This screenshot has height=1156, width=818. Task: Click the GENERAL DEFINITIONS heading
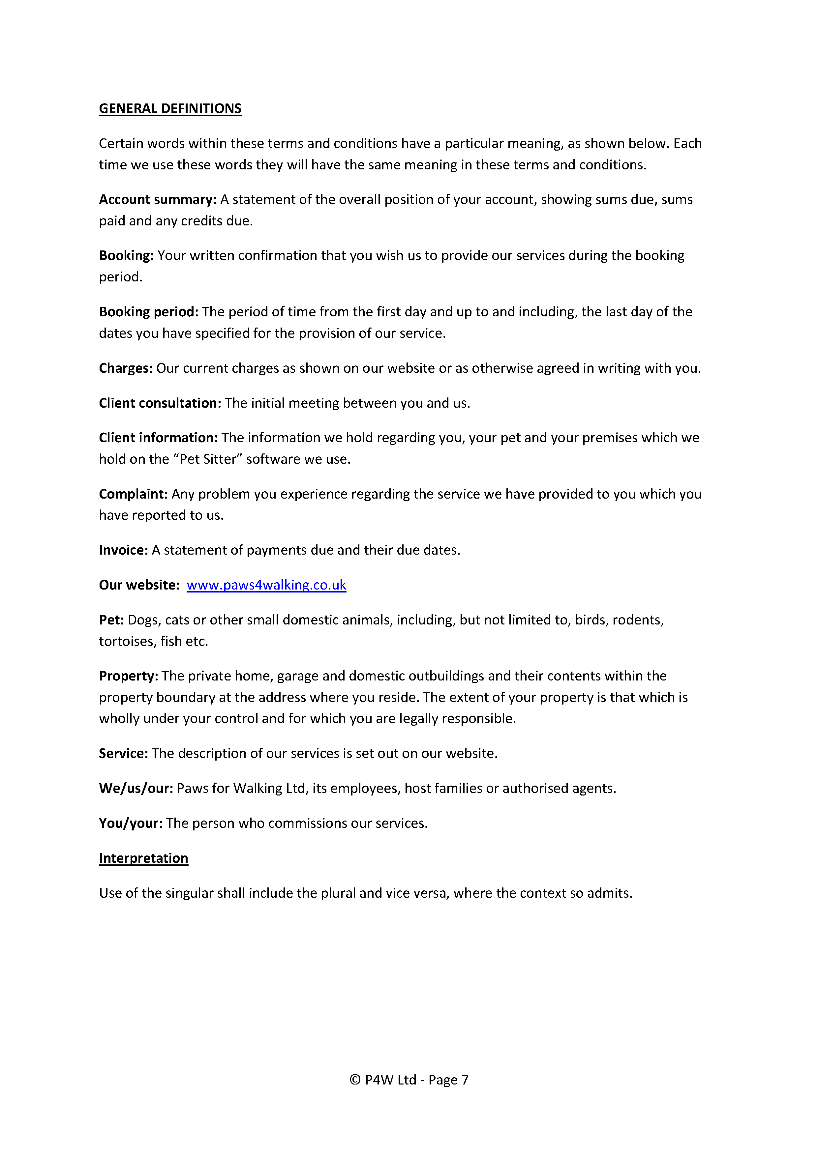pos(170,109)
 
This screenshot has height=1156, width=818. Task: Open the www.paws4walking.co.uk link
pos(266,585)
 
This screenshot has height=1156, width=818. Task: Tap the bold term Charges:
pos(125,368)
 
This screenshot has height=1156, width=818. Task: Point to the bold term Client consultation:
pos(160,403)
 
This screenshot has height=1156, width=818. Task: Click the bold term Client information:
pos(158,438)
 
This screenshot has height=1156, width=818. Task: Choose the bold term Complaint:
pos(133,494)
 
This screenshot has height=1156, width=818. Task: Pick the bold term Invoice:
pos(123,550)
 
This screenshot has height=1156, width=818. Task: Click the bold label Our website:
pos(139,585)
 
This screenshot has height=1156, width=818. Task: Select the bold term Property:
pos(129,676)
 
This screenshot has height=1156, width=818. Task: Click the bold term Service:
pos(123,754)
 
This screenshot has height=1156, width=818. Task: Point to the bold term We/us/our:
pos(136,789)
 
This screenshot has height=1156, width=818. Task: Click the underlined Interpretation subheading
pos(143,858)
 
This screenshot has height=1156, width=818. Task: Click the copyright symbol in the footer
pos(355,1080)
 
